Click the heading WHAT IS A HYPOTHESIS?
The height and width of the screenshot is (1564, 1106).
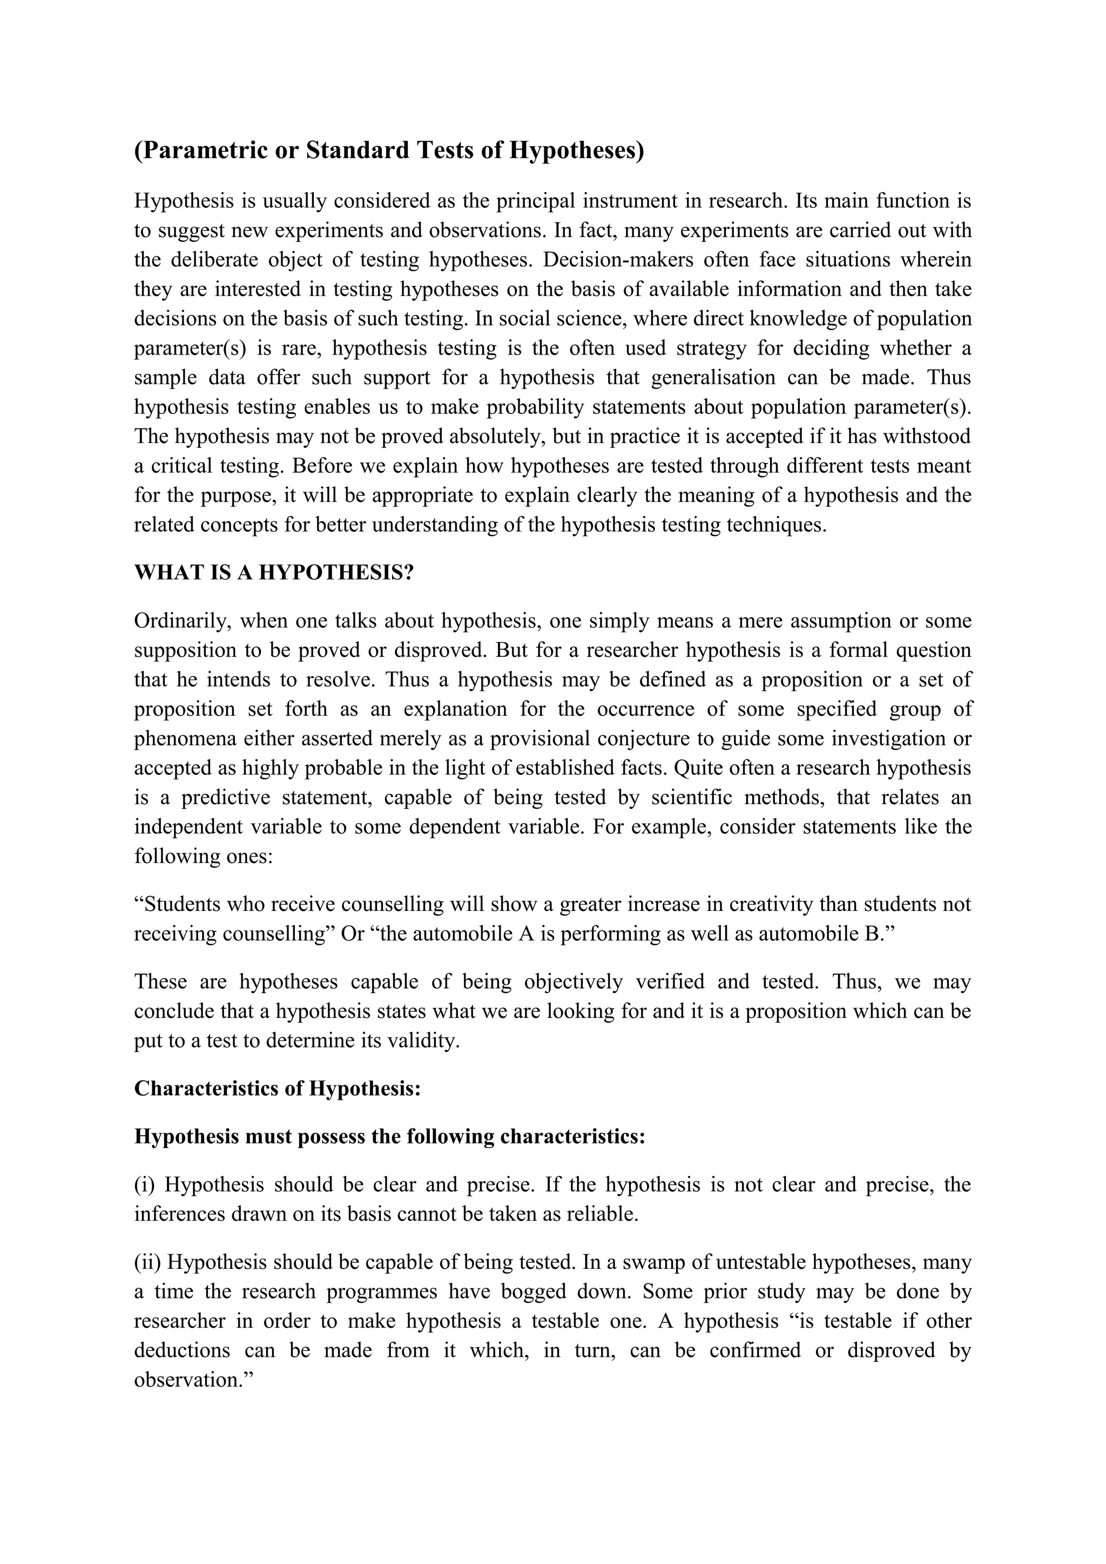point(274,572)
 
